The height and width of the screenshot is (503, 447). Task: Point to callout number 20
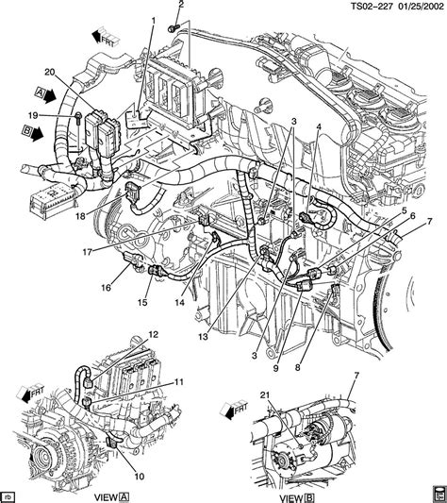(50, 71)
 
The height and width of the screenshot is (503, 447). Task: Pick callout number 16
(105, 289)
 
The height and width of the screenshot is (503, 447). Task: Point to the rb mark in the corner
(9, 493)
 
